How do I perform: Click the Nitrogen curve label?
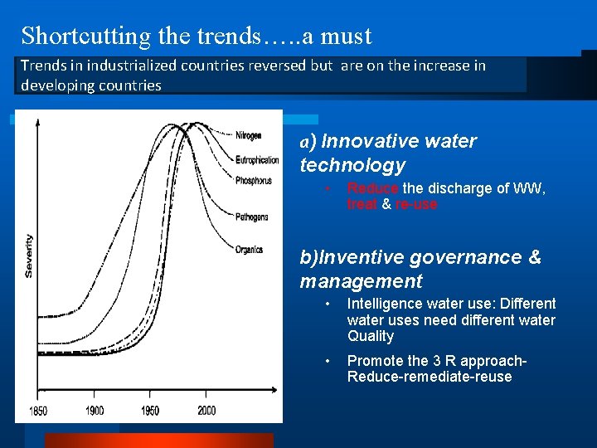tap(248, 136)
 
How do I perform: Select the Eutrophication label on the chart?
tap(256, 159)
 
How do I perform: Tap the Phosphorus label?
tap(253, 180)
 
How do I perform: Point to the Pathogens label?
tap(251, 217)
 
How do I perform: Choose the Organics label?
tap(249, 250)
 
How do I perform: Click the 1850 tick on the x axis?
tap(39, 411)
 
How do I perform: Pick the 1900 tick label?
tap(95, 411)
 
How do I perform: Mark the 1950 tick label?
tap(150, 411)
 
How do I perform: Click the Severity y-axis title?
tap(29, 255)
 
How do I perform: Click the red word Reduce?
tap(372, 188)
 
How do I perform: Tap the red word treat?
tap(362, 204)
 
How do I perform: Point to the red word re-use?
tap(416, 204)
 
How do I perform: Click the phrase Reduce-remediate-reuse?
tap(430, 377)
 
